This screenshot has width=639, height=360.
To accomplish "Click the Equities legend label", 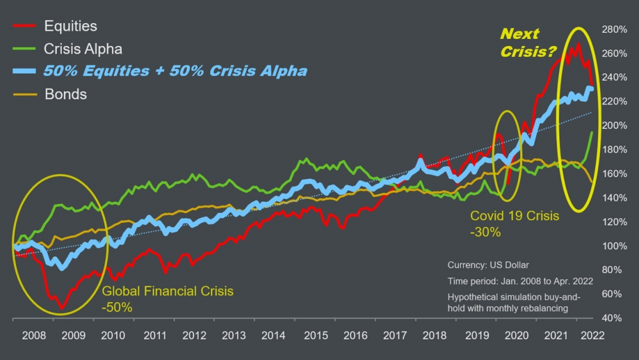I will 70,26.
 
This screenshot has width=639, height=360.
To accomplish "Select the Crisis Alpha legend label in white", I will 82,49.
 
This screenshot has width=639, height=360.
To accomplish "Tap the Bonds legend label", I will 66,95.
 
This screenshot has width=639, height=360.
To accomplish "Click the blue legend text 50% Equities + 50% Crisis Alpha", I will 175,71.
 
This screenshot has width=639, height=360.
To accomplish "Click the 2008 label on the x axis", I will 33,334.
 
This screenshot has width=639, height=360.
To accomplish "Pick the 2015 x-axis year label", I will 313,334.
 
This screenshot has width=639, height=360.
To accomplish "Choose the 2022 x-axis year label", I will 591,334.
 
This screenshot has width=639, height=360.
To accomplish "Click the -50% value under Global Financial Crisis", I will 117,308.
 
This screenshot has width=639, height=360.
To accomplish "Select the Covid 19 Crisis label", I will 514,216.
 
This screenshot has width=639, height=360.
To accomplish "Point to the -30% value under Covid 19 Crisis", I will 485,233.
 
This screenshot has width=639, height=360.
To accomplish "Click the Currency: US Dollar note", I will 488,265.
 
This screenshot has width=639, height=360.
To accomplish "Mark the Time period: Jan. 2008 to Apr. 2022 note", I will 520,281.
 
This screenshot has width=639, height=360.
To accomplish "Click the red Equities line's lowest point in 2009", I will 62,308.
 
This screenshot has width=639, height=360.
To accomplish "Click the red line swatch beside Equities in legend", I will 23,26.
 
